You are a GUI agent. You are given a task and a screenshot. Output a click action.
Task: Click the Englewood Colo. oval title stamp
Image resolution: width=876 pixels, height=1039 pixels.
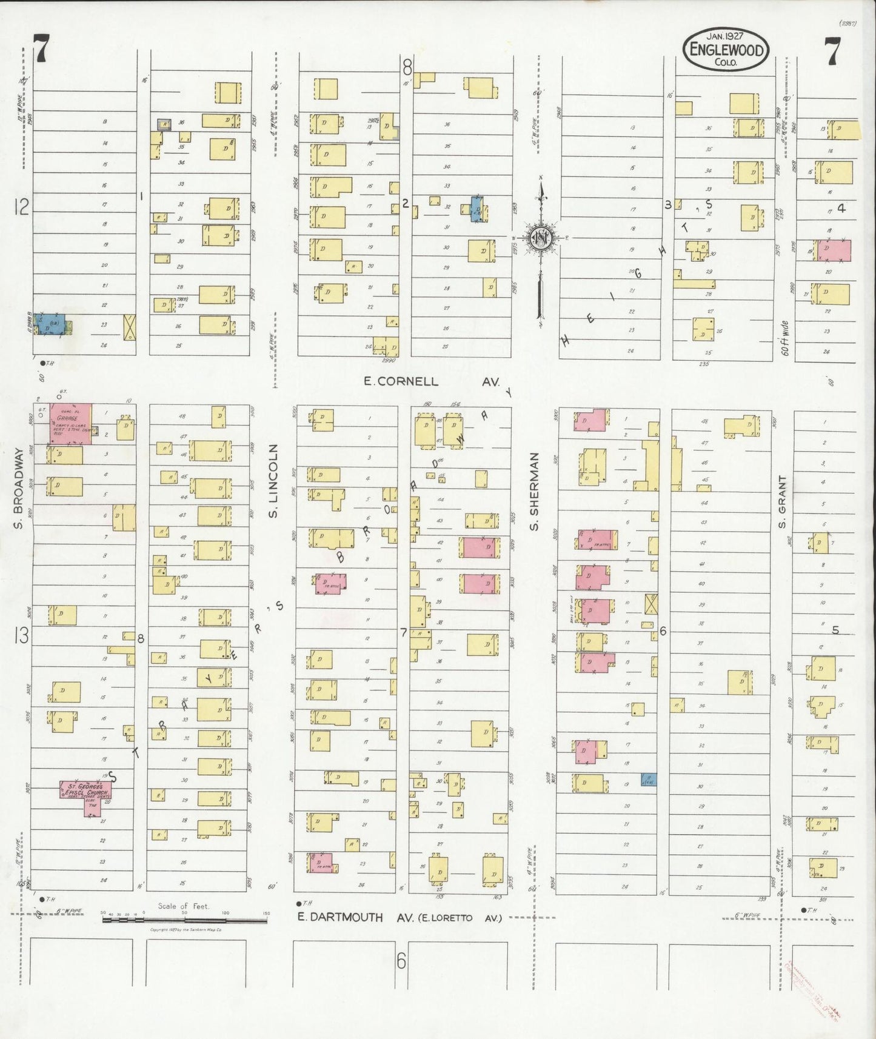726,50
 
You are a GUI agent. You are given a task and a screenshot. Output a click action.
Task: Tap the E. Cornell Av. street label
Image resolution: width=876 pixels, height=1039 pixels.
431,382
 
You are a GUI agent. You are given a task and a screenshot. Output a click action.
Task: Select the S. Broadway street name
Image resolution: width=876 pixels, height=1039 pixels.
18,489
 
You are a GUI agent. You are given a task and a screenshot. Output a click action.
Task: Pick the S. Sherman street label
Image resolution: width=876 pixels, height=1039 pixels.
534,492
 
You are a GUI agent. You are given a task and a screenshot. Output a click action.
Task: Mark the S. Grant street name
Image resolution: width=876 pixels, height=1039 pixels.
782,495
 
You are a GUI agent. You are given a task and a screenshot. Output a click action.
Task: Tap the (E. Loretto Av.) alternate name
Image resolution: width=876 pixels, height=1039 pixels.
458,918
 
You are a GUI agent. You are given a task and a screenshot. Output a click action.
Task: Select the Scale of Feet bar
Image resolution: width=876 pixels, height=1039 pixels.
184,920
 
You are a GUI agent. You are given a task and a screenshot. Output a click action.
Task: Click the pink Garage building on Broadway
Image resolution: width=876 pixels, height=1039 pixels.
71,423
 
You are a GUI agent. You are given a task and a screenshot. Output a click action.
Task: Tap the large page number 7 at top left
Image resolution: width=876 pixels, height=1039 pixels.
41,49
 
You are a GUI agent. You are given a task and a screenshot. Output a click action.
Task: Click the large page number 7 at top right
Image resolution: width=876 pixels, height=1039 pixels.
832,51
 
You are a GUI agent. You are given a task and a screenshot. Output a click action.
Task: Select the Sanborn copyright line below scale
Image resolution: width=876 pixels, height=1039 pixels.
185,929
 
